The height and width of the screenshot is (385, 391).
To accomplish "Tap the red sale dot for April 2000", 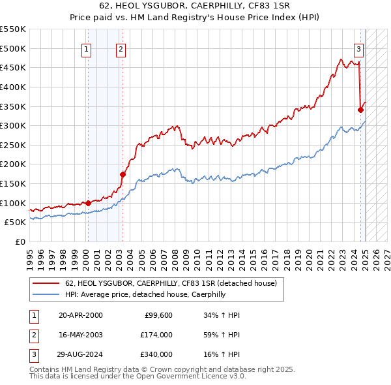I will pos(88,203).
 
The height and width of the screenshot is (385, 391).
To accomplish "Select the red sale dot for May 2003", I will pos(123,174).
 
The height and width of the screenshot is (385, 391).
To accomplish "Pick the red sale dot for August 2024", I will pos(360,110).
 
